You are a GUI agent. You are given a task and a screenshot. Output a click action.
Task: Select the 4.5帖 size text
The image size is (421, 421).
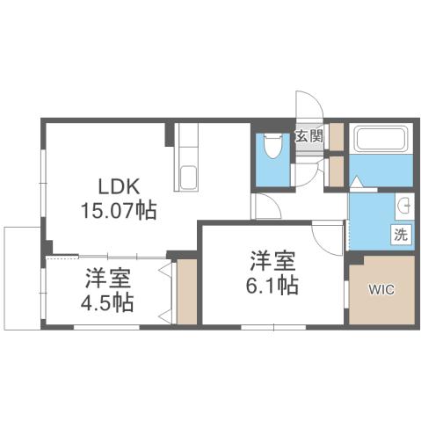(109, 304)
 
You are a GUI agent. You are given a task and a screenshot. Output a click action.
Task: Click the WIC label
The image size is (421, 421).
(381, 288)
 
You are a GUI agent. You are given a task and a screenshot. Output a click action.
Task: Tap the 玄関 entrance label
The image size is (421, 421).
(307, 136)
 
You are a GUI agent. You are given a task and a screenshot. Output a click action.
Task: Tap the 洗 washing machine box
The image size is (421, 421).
(400, 235)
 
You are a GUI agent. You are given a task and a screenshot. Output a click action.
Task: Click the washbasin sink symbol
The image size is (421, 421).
(405, 207)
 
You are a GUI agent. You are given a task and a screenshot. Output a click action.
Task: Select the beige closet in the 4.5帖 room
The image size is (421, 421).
(186, 289)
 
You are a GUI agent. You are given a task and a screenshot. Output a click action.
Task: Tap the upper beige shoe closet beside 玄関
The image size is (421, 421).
(335, 135)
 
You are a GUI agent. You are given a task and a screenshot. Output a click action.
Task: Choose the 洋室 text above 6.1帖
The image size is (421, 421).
(272, 261)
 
